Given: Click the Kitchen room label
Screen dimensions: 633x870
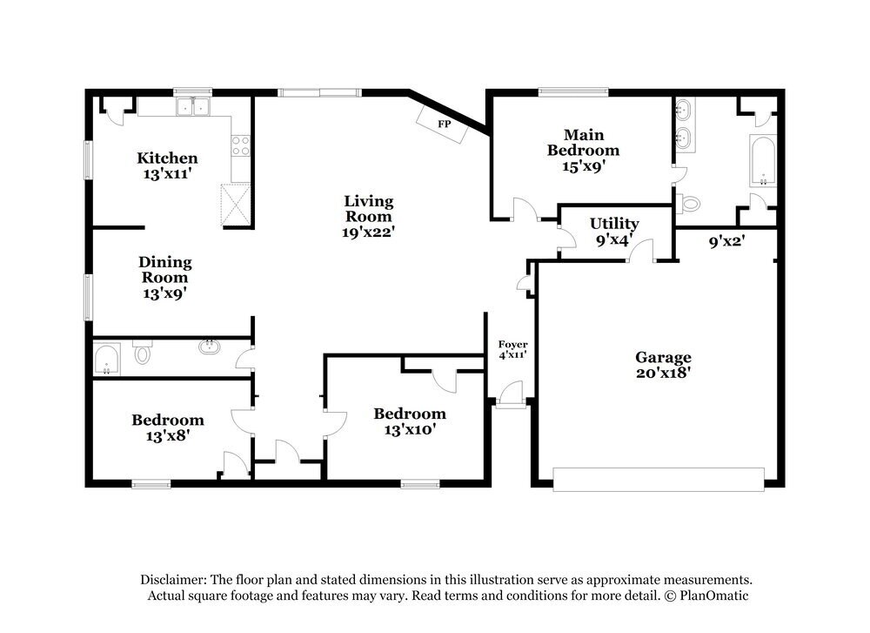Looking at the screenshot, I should point(167,158).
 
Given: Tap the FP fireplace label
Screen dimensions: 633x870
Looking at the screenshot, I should point(445,125).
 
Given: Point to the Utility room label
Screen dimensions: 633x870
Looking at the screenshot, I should point(614,225).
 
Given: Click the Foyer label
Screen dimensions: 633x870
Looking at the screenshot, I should point(512,345).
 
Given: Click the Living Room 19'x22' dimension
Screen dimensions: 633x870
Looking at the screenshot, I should point(369,232).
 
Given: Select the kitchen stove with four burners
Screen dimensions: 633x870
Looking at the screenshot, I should point(240,145).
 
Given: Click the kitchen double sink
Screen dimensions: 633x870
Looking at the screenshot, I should point(194,107).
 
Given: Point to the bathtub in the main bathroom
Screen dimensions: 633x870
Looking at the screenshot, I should point(763,160).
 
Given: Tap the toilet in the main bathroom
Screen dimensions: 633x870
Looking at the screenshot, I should point(690,204).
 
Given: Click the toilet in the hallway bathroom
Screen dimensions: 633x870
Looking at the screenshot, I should point(143,354).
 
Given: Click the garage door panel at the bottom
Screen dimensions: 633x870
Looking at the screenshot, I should point(659,479).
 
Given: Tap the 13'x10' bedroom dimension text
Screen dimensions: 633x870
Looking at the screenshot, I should point(409,429).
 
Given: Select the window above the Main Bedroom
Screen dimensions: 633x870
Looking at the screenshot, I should point(572,91).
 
